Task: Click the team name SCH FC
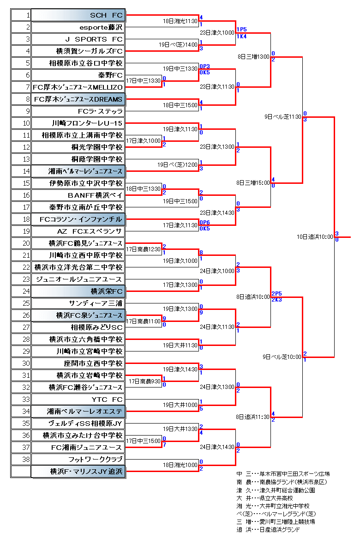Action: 106,15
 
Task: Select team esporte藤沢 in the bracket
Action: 101,27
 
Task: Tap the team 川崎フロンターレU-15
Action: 87,123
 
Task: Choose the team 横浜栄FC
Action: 106,291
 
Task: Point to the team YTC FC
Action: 107,400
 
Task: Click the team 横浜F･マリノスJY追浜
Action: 86,472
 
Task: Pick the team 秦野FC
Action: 110,75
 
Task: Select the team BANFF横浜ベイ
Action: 95,195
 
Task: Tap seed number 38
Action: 26,459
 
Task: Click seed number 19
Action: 26,231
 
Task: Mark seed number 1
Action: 28,15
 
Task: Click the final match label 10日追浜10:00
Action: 315,236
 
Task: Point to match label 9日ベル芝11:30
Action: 282,116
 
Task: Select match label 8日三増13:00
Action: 253,56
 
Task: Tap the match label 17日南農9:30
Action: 144,382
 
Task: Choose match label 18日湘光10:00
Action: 180,465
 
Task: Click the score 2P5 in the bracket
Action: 276,294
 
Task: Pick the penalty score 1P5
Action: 241,30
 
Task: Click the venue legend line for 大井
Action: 264,498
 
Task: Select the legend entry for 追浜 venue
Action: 268,529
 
